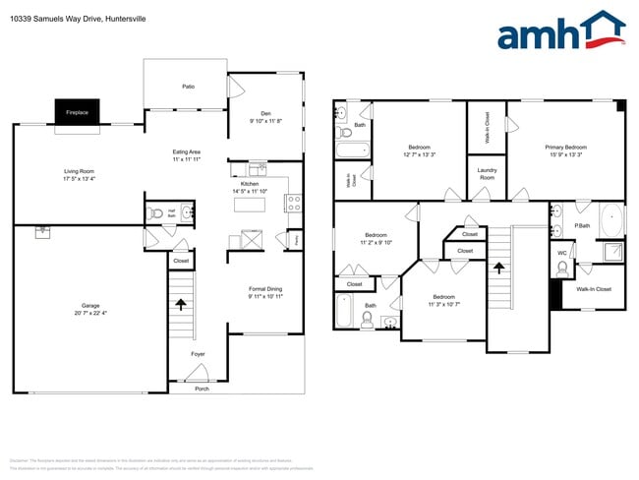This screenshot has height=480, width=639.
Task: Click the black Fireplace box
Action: tap(77, 112)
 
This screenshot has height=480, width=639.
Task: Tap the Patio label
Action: tap(187, 87)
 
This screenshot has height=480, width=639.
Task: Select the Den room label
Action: tap(265, 112)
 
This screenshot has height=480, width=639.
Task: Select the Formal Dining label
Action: tap(265, 288)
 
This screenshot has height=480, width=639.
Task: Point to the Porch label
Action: tap(201, 388)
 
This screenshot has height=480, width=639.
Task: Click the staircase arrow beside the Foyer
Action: tap(180, 305)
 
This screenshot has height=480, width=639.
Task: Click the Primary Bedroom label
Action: tap(564, 148)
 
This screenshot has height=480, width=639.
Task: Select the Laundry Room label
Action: tap(486, 173)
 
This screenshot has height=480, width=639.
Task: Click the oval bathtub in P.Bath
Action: tap(611, 217)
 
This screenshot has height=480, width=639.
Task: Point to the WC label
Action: tap(562, 252)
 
